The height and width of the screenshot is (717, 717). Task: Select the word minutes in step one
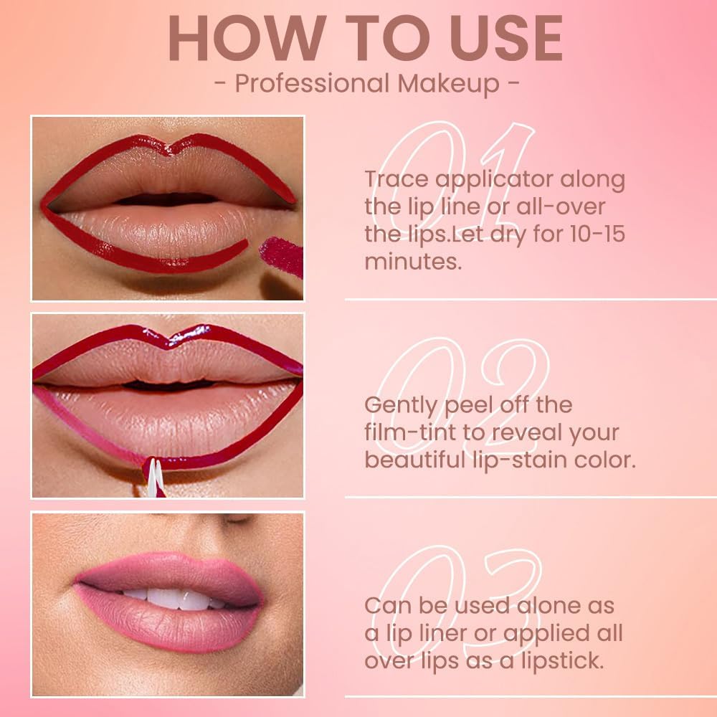click(412, 261)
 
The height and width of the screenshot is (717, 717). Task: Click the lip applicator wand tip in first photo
click(282, 255)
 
